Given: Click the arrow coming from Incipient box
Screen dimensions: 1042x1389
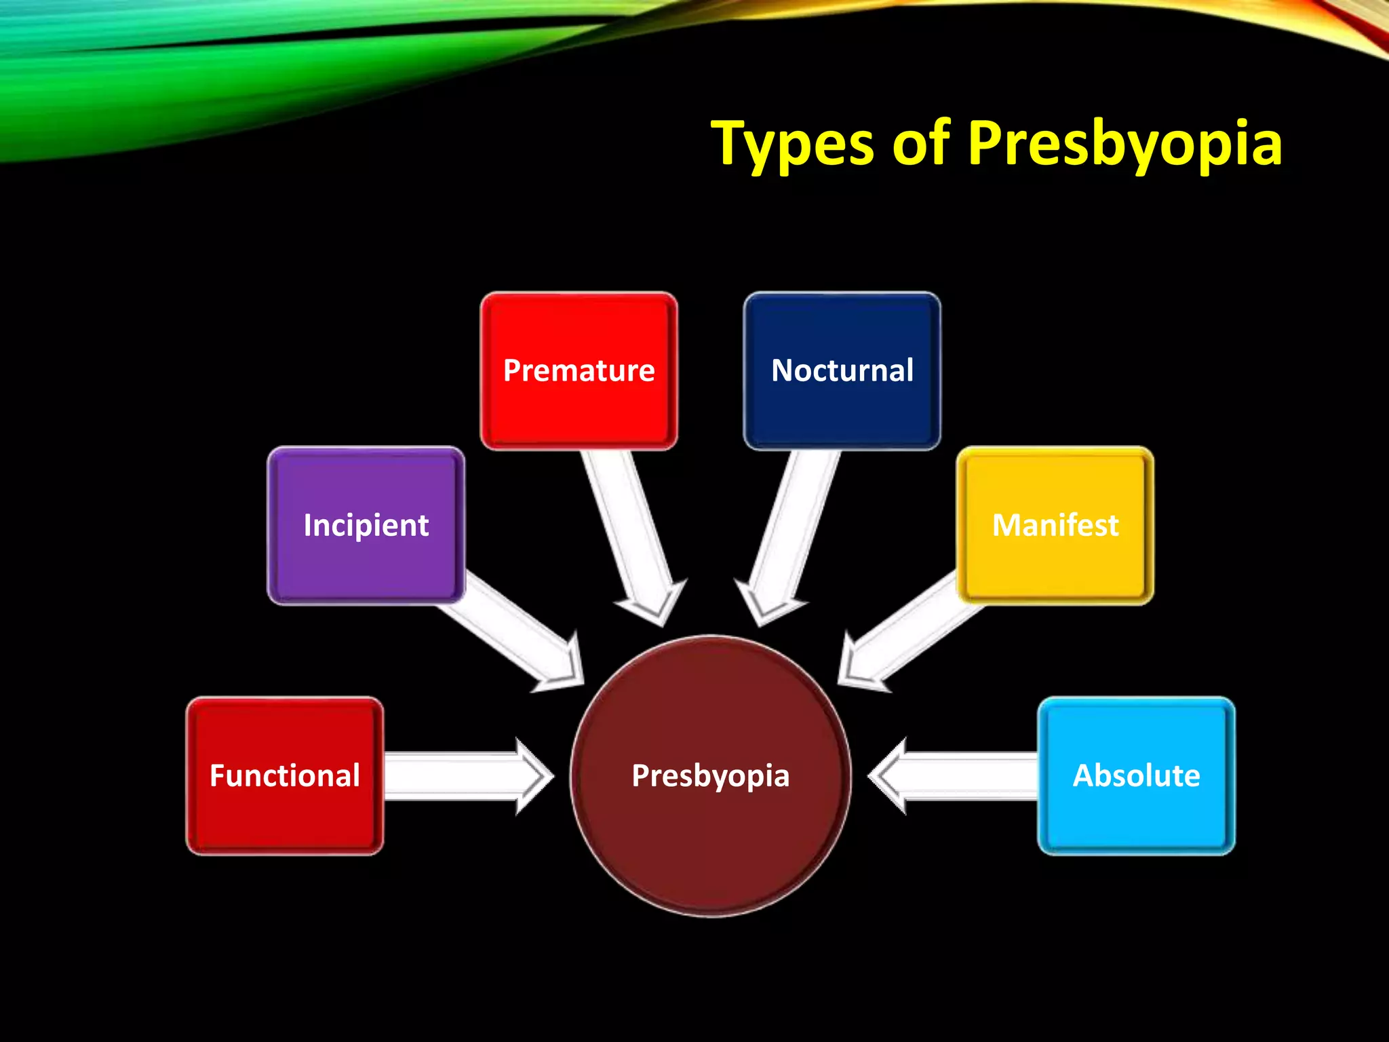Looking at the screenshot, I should click(515, 631).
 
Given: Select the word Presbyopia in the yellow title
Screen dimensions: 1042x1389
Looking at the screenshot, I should click(1124, 144).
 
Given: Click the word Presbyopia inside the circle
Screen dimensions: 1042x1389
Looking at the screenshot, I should click(710, 775).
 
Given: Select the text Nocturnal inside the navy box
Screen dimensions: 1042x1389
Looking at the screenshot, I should click(842, 370).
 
